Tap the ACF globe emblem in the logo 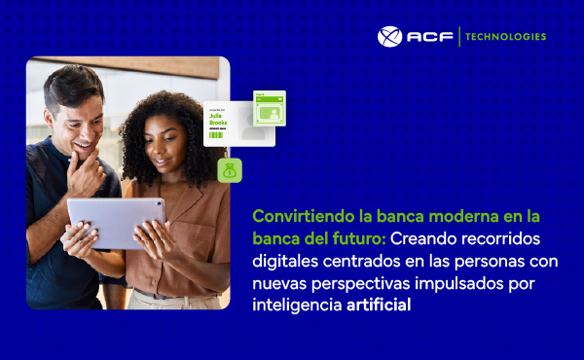coord(389,37)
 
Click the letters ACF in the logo coord(427,37)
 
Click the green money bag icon coord(230,170)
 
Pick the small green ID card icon coord(269,109)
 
